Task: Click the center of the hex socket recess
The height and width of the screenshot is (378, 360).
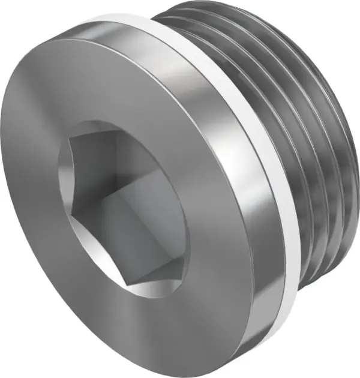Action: pyautogui.click(x=123, y=207)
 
